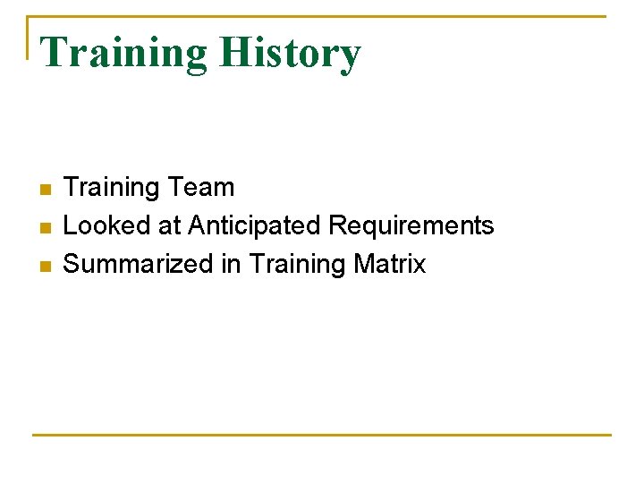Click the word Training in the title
pos(123,53)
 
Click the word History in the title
pos(290,53)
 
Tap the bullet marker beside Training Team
pos(45,189)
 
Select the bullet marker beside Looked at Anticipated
pos(45,227)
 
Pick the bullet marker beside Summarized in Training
pos(45,266)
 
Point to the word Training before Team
pos(111,189)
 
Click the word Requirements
pos(411,226)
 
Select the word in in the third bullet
pos(232,264)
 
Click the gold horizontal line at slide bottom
pos(322,435)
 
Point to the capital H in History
pos(235,53)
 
